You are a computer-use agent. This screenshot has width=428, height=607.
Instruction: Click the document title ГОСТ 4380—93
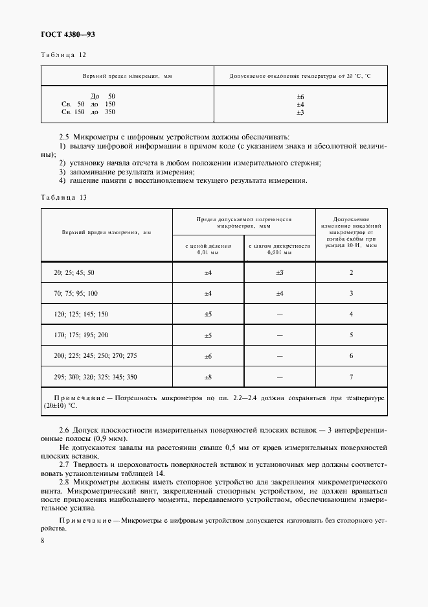[69, 34]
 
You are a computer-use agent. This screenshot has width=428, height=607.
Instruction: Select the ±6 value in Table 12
[300, 96]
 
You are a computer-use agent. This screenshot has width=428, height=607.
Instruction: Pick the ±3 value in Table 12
[300, 112]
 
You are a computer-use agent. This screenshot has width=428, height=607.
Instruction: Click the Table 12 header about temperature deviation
[300, 76]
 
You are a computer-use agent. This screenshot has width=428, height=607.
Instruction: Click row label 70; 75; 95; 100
[76, 294]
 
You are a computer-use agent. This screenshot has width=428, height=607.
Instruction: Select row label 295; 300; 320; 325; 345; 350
[96, 377]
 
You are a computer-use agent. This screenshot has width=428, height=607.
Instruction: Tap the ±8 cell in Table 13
[208, 377]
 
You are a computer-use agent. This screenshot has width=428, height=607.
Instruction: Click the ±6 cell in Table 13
[208, 356]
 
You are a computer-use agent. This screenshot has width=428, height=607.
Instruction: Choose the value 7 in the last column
[351, 377]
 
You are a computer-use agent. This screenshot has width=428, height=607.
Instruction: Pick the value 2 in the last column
[351, 273]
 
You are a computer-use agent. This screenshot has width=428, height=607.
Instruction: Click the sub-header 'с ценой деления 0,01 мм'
[208, 250]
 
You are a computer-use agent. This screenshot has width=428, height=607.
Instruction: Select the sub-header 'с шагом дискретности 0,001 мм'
[280, 250]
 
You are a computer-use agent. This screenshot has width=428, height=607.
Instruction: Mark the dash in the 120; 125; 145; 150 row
[280, 315]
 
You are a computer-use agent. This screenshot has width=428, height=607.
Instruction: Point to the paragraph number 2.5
[63, 137]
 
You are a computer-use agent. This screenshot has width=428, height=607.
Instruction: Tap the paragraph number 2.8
[63, 482]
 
